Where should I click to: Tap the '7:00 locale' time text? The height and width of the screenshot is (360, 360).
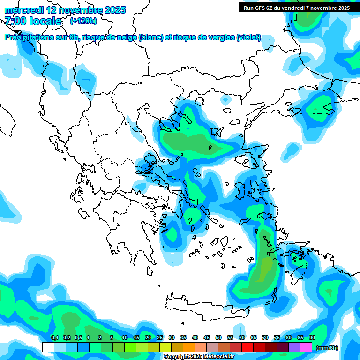point(33,21)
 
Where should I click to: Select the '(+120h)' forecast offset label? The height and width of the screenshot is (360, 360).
point(83,21)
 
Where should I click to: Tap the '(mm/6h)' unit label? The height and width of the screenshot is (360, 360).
point(327,348)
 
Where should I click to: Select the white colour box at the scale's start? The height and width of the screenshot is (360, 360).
point(48,347)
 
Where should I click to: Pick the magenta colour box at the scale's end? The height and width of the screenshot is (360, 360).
point(306,347)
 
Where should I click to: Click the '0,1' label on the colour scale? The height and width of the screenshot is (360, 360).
point(55,337)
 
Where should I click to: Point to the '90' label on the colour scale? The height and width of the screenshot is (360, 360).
point(312,337)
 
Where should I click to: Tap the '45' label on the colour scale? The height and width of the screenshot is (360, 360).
point(207,337)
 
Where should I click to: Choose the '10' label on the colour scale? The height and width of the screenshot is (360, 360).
point(125,337)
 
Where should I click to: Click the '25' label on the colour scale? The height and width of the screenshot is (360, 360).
point(160,337)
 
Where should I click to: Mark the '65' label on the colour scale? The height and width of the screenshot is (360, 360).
point(254,337)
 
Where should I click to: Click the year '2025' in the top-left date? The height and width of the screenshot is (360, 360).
point(115,10)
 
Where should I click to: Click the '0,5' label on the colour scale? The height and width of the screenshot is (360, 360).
point(78,337)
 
